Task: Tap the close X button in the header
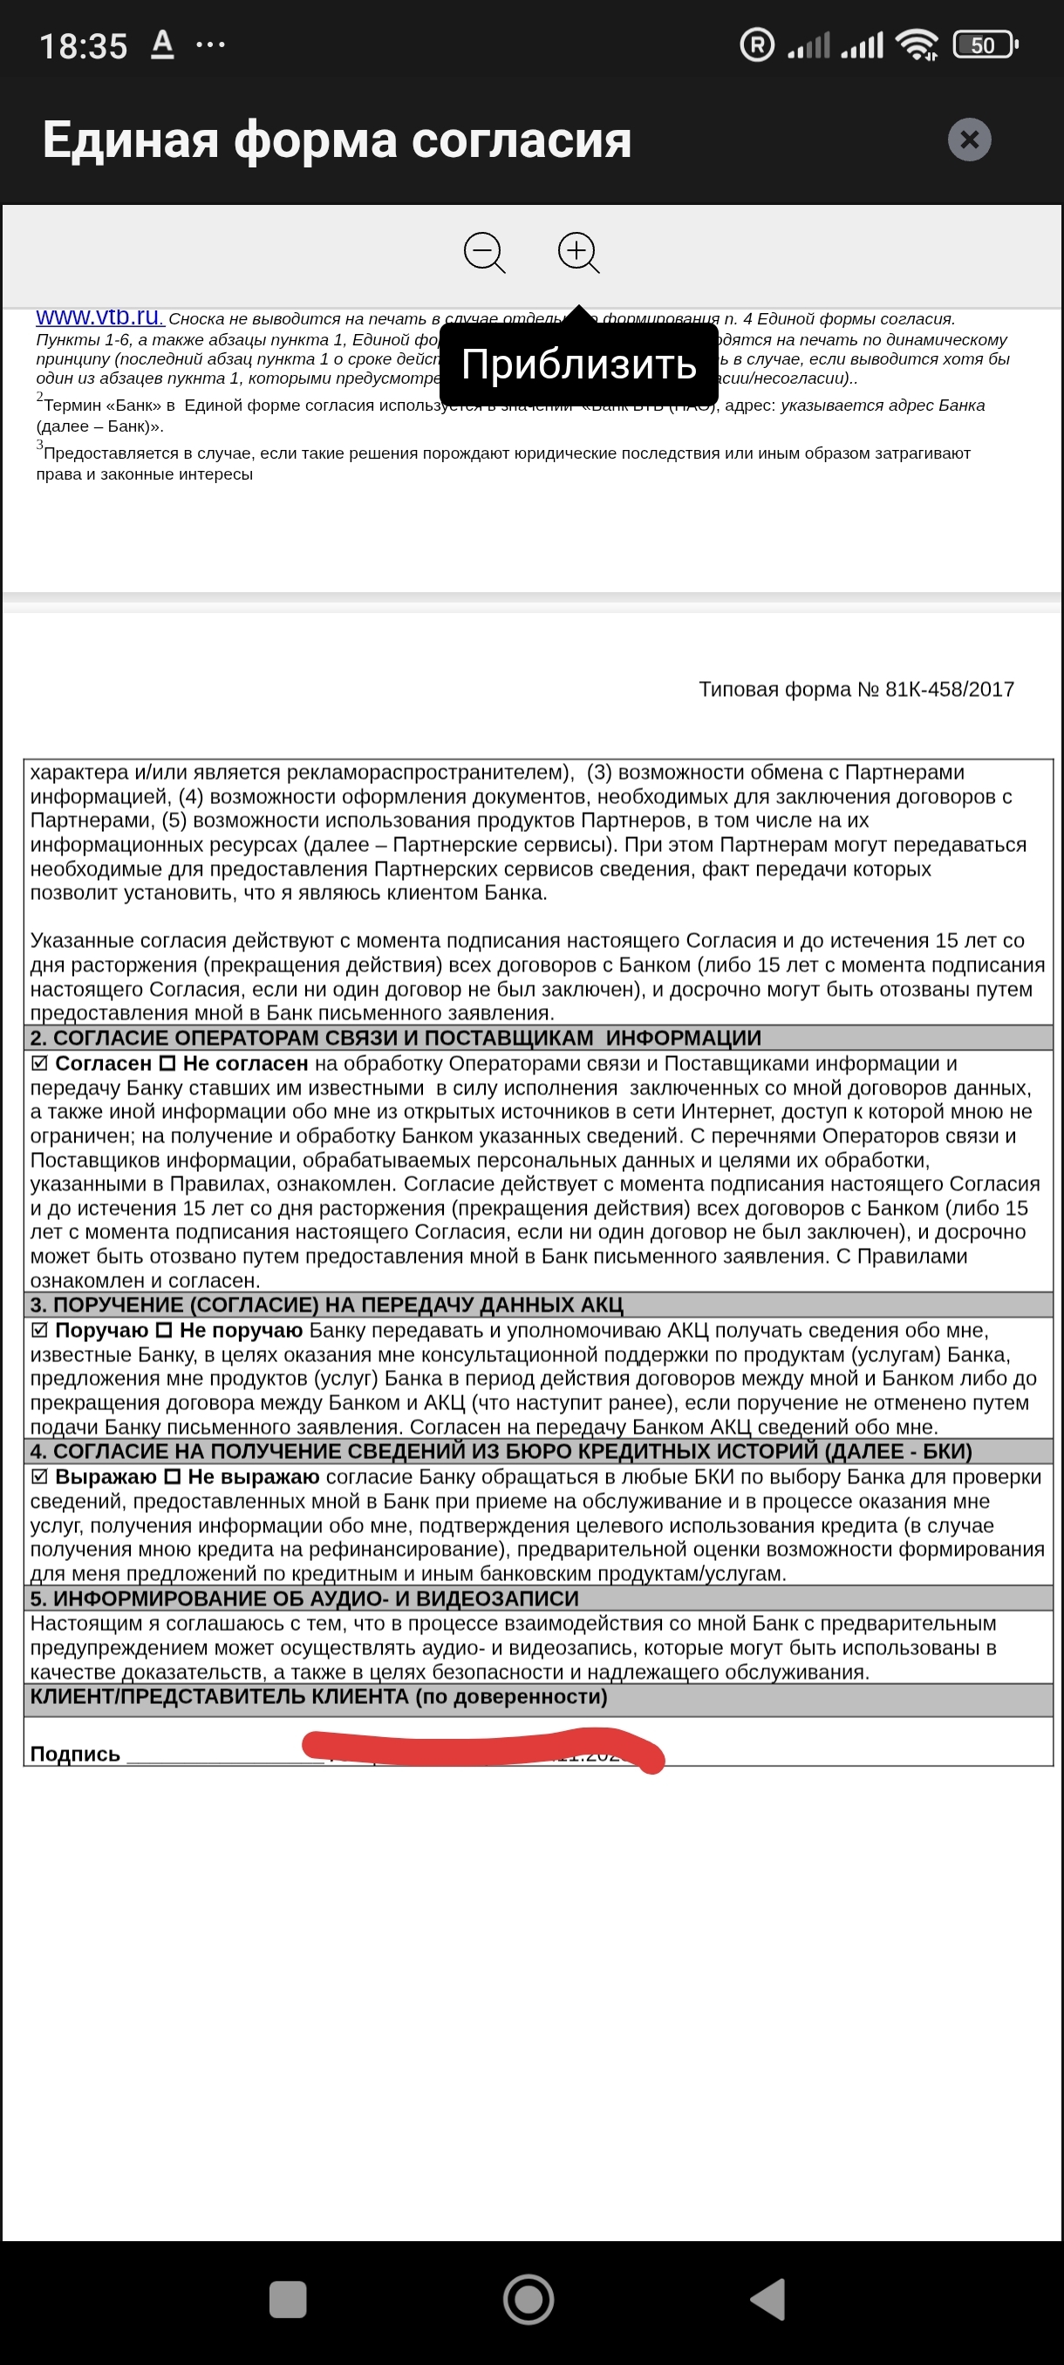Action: click(x=969, y=140)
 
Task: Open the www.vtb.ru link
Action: click(x=99, y=317)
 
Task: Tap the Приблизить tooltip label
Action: click(x=578, y=365)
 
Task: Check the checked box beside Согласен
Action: click(x=39, y=1063)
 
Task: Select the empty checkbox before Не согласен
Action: click(x=167, y=1063)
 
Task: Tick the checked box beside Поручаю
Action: click(x=39, y=1331)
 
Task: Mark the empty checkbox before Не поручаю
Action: click(x=163, y=1331)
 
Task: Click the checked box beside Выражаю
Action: click(x=39, y=1477)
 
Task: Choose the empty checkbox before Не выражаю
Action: click(x=172, y=1477)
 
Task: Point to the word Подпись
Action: click(x=75, y=1755)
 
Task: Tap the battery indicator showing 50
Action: click(x=984, y=45)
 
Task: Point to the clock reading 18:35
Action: click(x=84, y=46)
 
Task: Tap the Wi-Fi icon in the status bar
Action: click(x=917, y=44)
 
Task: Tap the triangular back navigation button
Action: click(x=768, y=2300)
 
